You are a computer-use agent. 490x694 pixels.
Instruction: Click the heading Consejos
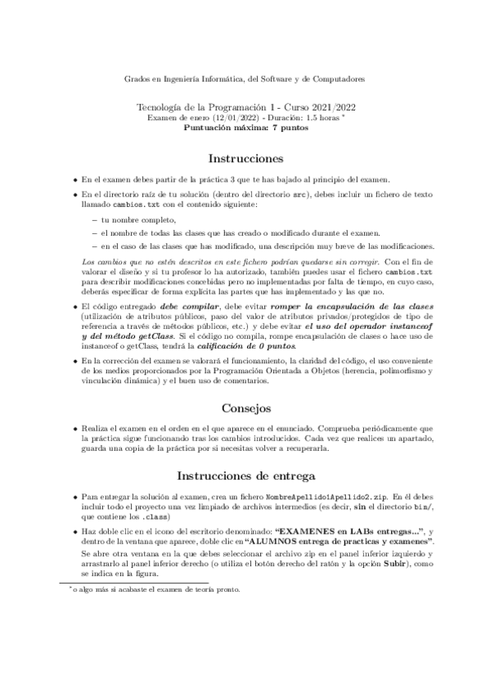click(245, 407)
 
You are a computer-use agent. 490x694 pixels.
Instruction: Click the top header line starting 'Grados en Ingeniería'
click(245, 79)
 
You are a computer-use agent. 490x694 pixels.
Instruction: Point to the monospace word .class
click(155, 517)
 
